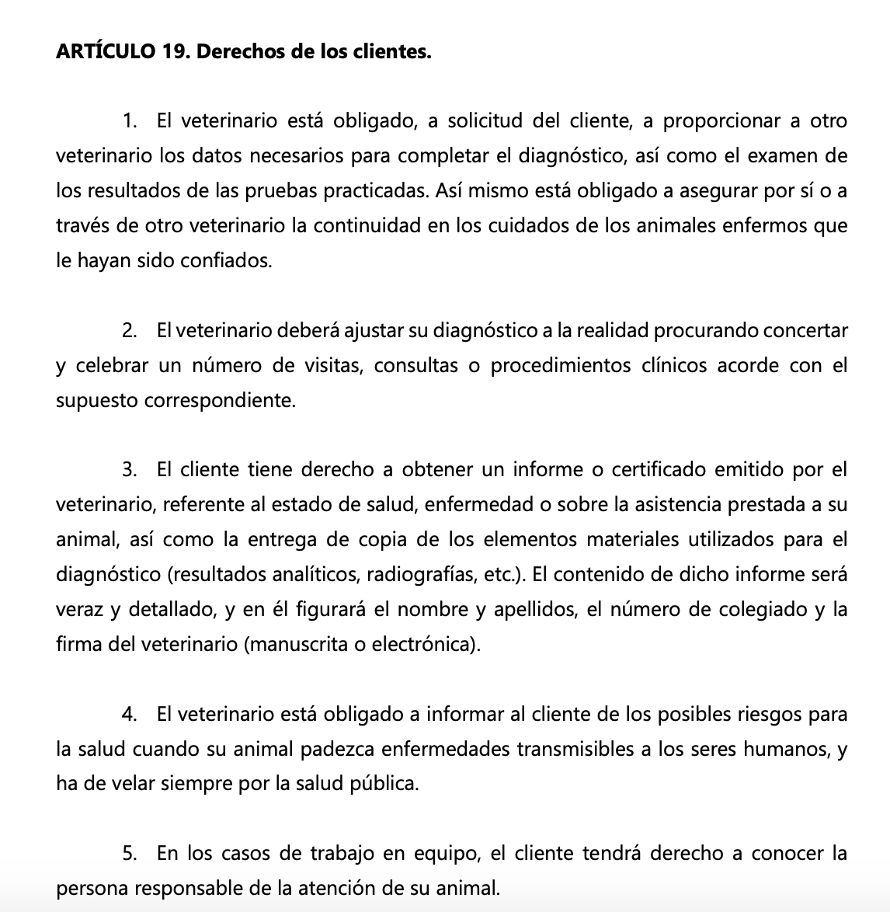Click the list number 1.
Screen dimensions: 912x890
pos(130,122)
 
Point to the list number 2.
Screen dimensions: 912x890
pos(130,331)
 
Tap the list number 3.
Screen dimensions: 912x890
pos(130,470)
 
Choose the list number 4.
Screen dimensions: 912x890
pos(130,714)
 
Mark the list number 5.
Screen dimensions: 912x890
pos(130,854)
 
